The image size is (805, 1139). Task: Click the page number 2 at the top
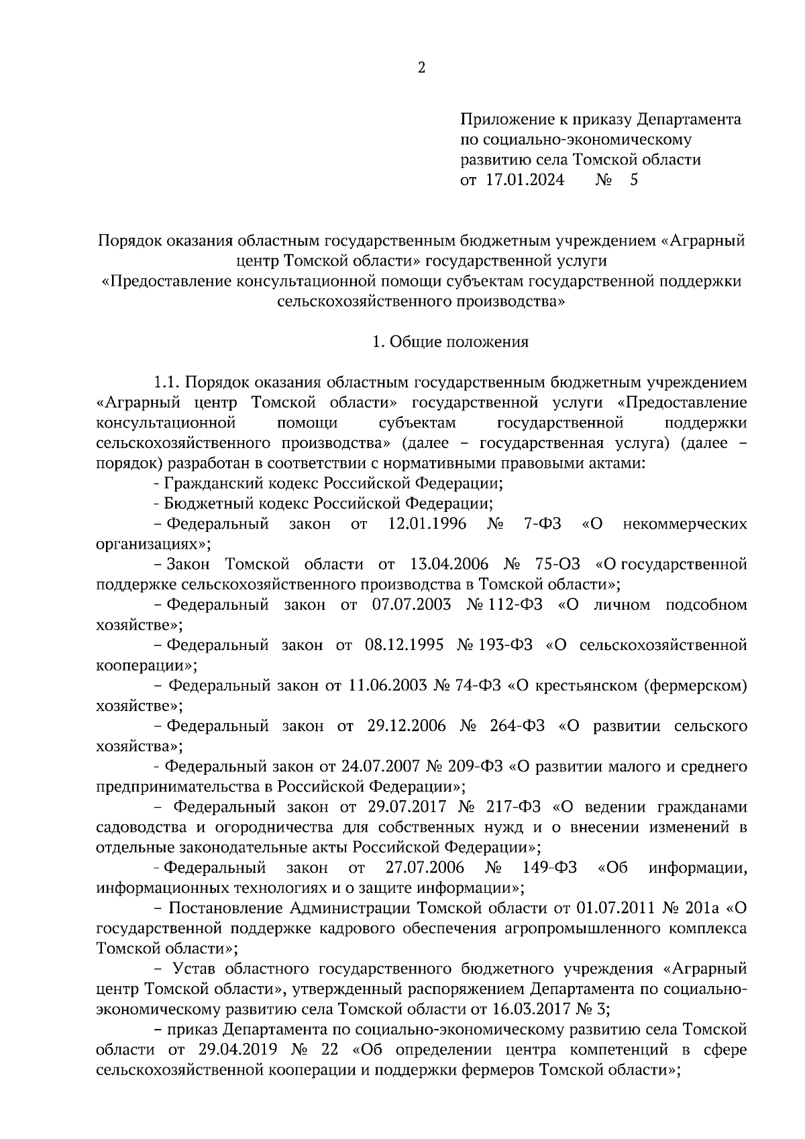(421, 67)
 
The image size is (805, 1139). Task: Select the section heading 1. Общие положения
(450, 342)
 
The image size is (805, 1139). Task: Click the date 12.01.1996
(427, 524)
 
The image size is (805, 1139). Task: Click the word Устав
(195, 969)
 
